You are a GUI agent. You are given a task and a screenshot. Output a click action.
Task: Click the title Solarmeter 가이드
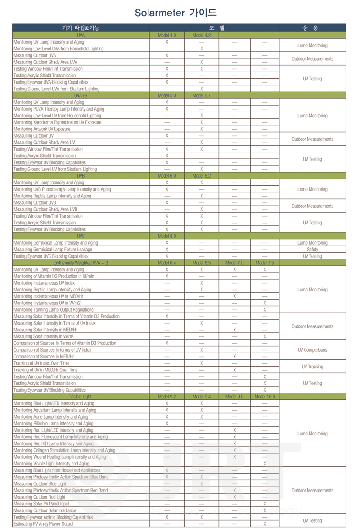pyautogui.click(x=175, y=13)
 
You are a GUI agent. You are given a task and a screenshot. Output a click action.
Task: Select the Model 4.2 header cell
pyautogui.click(x=201, y=35)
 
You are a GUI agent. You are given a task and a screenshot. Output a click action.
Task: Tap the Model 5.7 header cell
pyautogui.click(x=201, y=95)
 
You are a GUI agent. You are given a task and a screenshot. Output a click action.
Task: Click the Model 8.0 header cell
pyautogui.click(x=166, y=236)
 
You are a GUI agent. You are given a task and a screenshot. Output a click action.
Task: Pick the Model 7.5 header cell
pyautogui.click(x=264, y=263)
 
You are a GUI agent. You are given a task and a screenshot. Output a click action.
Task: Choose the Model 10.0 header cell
pyautogui.click(x=264, y=397)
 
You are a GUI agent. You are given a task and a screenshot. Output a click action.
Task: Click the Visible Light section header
pyautogui.click(x=81, y=397)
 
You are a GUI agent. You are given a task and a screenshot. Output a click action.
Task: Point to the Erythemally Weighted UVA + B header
pyautogui.click(x=81, y=263)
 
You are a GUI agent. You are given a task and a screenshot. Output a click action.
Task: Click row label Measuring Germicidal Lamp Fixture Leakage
pyautogui.click(x=53, y=249)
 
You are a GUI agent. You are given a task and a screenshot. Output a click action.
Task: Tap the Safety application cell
pyautogui.click(x=312, y=249)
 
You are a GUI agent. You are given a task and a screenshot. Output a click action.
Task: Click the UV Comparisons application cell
pyautogui.click(x=312, y=350)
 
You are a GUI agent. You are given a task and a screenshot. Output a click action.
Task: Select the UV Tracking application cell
pyautogui.click(x=312, y=367)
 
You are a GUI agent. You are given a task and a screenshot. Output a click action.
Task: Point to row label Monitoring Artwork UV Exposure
pyautogui.click(x=42, y=129)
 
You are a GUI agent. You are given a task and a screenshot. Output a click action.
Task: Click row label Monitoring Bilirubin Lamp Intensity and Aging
pyautogui.click(x=54, y=423)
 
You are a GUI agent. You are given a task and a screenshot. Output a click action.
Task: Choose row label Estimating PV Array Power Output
pyautogui.click(x=43, y=524)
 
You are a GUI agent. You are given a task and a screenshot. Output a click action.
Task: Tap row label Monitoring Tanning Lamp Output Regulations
pyautogui.click(x=54, y=310)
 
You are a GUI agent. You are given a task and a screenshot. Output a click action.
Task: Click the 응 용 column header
pyautogui.click(x=312, y=28)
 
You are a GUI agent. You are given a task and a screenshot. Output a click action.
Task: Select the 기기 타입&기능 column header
pyautogui.click(x=81, y=28)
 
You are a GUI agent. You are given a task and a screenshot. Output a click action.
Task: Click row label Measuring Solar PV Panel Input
pyautogui.click(x=41, y=504)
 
